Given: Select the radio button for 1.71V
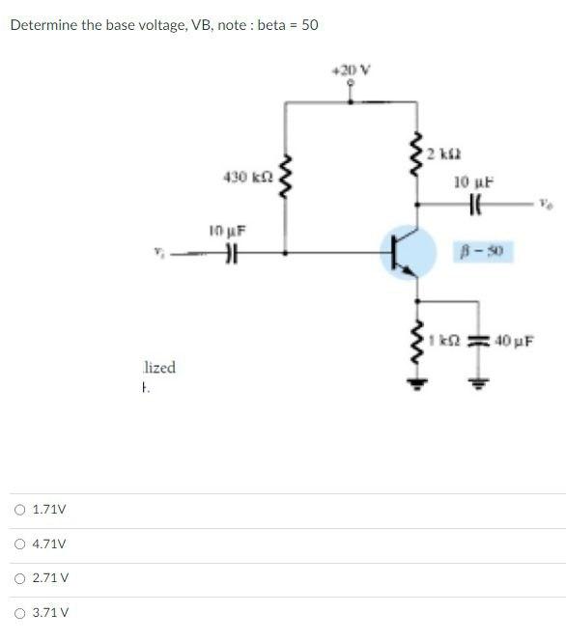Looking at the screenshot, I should click(x=20, y=509).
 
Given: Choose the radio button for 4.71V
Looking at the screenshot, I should click(x=20, y=543).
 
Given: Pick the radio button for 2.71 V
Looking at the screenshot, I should click(x=20, y=577).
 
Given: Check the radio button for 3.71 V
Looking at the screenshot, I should click(x=20, y=612).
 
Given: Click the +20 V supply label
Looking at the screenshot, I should click(x=351, y=70).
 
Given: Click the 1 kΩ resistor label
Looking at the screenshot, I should click(x=443, y=340).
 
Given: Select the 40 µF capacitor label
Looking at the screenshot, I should click(x=515, y=340).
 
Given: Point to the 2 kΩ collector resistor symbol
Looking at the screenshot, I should click(x=417, y=154).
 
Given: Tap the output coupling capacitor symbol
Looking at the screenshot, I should click(x=473, y=203).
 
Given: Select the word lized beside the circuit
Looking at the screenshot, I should click(x=159, y=368).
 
